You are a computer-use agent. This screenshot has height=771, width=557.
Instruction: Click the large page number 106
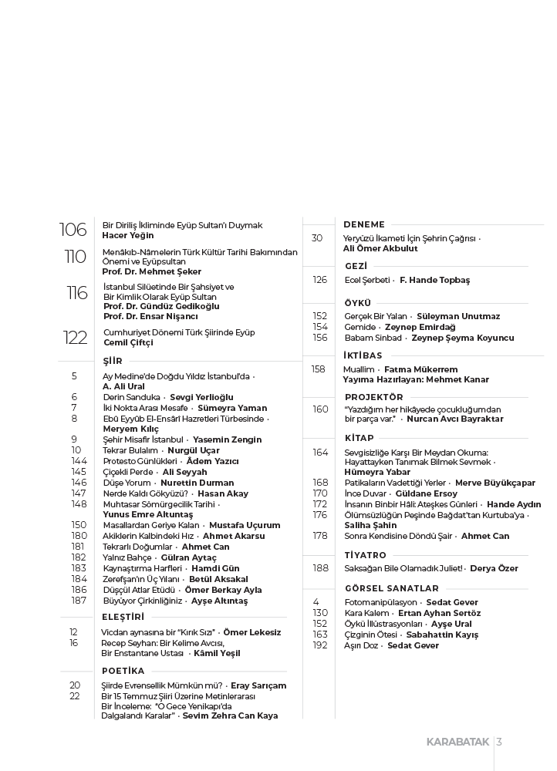(73, 230)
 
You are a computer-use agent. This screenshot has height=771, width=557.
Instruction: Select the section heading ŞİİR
(113, 361)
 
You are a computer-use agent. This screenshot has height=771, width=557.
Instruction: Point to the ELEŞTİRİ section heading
(123, 617)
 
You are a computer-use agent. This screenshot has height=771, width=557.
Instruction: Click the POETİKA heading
(123, 671)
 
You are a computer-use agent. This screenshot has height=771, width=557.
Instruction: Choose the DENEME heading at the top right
(364, 224)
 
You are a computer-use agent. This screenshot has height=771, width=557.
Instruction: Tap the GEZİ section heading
(356, 266)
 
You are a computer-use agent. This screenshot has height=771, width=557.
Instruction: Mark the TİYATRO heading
(365, 554)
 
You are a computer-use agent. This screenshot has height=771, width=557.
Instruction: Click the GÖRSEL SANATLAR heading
(386, 588)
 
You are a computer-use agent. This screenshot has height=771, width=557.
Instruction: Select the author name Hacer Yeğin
(128, 235)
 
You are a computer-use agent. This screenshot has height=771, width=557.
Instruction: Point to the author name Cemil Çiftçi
(128, 342)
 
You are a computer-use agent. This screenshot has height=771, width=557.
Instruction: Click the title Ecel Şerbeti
(367, 280)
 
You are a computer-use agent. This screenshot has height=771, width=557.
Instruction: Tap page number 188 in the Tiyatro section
(320, 568)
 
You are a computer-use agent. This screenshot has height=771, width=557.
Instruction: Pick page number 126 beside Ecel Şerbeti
(320, 280)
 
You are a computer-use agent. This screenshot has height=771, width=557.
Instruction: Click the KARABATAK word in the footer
(458, 742)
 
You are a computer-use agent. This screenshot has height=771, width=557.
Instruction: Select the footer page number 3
(500, 742)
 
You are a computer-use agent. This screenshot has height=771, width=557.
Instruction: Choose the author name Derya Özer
(494, 568)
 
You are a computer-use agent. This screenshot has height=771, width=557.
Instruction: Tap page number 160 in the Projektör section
(320, 409)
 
